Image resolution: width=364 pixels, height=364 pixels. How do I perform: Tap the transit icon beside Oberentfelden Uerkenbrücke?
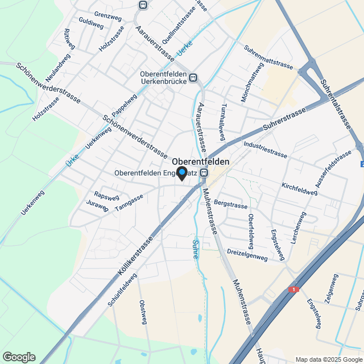tap(193, 78)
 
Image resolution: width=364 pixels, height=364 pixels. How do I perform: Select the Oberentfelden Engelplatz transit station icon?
tap(204, 173)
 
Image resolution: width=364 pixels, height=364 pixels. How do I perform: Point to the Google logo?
tap(19, 357)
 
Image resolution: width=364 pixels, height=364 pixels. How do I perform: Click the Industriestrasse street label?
tap(265, 149)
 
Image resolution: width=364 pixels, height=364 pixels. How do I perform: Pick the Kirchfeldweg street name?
tap(299, 189)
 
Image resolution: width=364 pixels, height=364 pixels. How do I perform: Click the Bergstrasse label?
tap(231, 205)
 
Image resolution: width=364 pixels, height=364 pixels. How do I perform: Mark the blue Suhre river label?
tap(195, 249)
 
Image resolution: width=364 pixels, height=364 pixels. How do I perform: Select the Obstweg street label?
tap(143, 309)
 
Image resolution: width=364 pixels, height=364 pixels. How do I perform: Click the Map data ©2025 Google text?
tap(328, 359)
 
